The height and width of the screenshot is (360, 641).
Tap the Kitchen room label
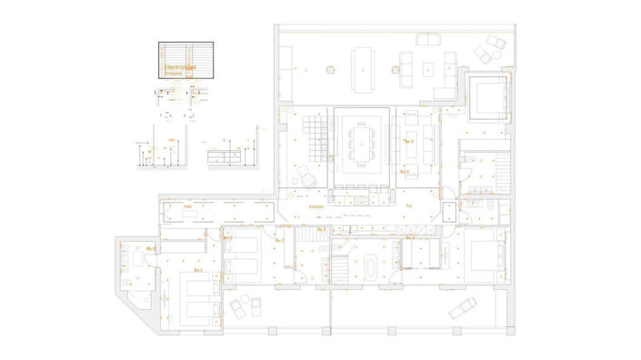point(316,207)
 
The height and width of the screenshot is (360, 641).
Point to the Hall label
point(187,207)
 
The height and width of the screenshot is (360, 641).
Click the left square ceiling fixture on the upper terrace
point(330,66)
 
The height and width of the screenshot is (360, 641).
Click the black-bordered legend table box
point(188,60)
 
